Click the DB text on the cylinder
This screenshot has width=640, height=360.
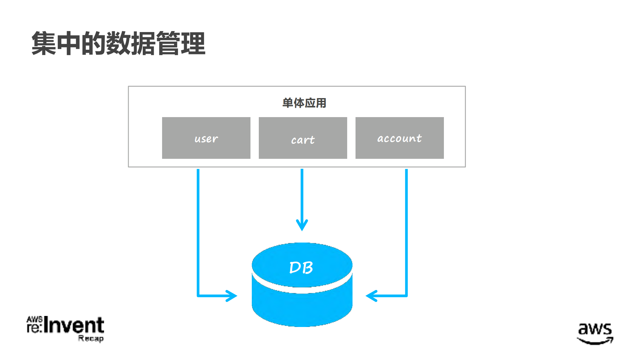(x=301, y=268)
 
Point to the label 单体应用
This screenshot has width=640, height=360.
(x=304, y=103)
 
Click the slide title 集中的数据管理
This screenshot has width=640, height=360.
(x=118, y=43)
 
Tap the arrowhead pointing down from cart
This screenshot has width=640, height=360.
(x=302, y=225)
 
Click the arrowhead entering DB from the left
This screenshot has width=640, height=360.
(x=232, y=296)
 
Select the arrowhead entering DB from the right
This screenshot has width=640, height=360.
(x=371, y=296)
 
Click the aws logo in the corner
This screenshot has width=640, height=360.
(x=595, y=329)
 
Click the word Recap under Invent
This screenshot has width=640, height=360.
(x=91, y=338)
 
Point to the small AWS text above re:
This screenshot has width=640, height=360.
(x=34, y=320)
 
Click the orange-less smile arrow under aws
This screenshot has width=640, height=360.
(x=596, y=341)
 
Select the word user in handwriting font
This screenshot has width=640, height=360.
(x=206, y=138)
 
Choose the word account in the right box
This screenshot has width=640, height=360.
(x=399, y=138)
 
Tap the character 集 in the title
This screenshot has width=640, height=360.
(x=44, y=43)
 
